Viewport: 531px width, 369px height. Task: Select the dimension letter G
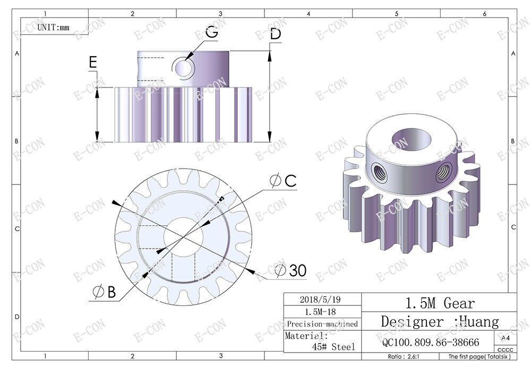[211, 32]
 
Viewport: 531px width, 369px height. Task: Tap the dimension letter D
[275, 34]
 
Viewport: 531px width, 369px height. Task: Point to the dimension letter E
[93, 63]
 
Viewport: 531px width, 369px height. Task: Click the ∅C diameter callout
[282, 181]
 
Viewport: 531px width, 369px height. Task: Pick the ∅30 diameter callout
[290, 271]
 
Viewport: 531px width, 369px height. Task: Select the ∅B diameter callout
[104, 292]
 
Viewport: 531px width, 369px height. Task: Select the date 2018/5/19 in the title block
[322, 299]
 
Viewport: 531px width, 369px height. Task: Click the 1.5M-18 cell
[322, 311]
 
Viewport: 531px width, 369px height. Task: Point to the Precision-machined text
[322, 323]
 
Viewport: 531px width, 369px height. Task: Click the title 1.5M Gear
[440, 303]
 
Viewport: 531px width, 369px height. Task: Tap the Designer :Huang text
[440, 322]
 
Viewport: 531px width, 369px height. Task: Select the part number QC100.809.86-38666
[431, 342]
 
